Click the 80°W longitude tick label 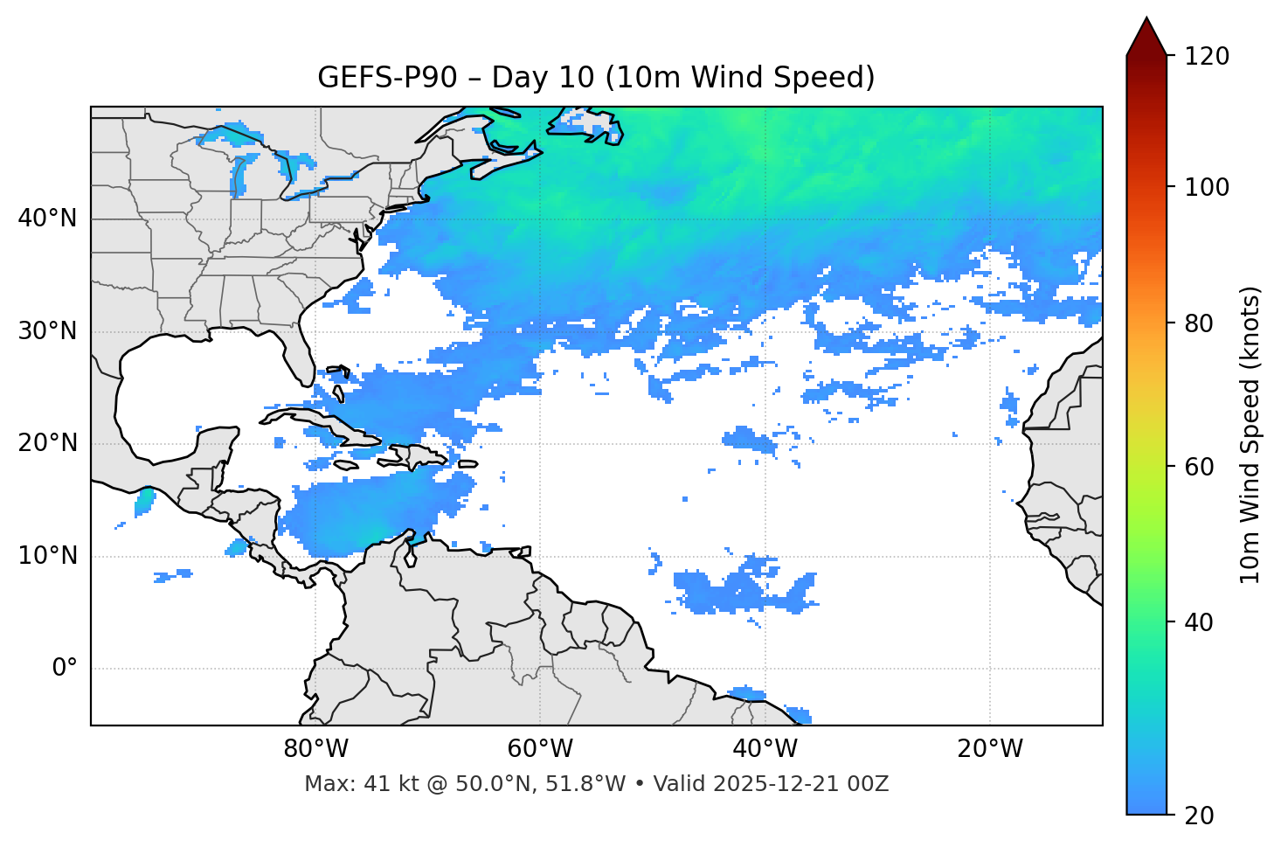[315, 749]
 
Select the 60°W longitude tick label [540, 749]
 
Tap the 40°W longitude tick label [765, 749]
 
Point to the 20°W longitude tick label [990, 749]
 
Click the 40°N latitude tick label [47, 219]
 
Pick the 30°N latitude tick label [47, 331]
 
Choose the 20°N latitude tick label [47, 443]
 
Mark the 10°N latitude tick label [47, 556]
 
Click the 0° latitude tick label [64, 669]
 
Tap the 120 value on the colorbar [1207, 57]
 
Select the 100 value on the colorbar [1207, 188]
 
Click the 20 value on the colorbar [1199, 816]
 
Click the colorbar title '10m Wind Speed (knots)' [1250, 434]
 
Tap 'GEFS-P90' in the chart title [386, 78]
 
